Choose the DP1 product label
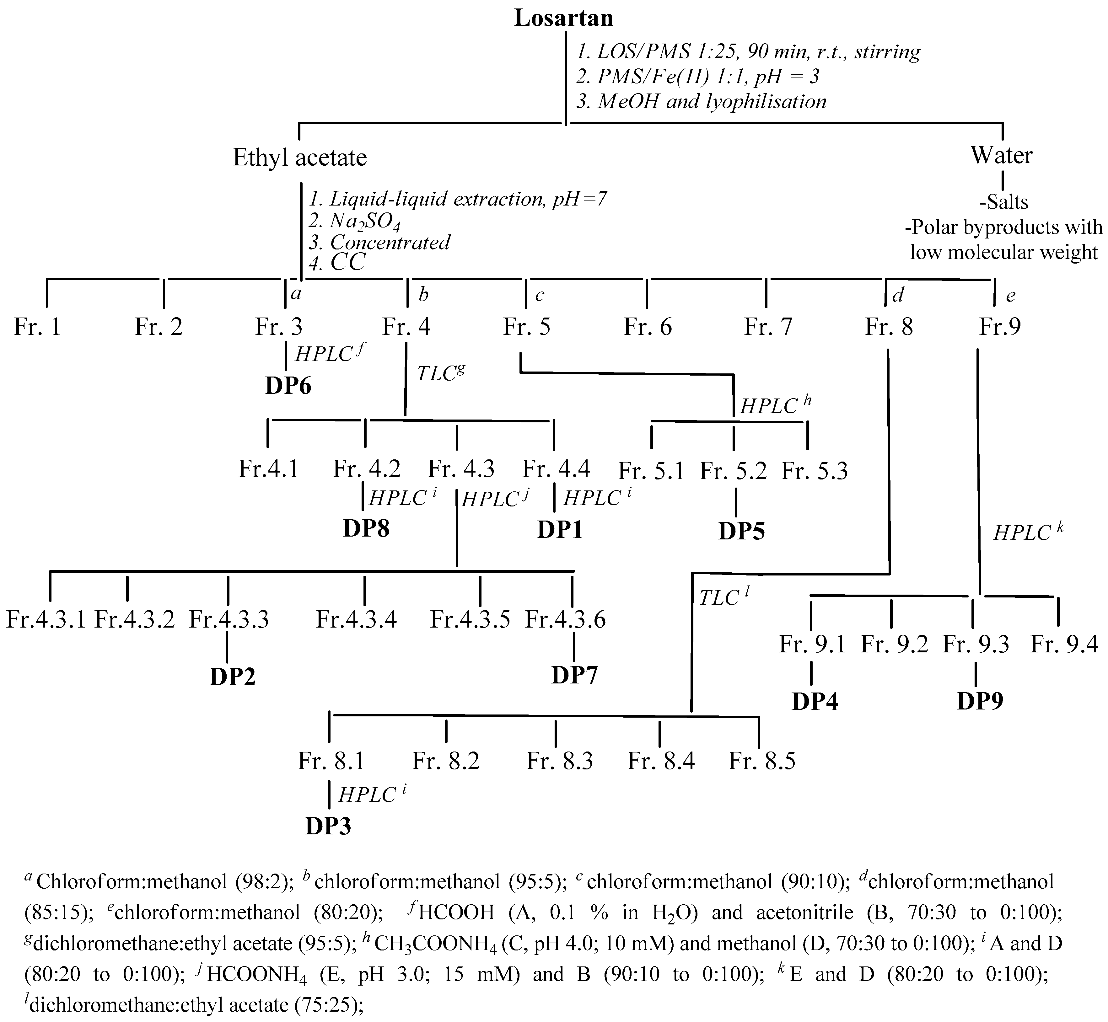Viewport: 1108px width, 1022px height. pyautogui.click(x=560, y=530)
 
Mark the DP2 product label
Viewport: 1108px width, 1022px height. pyautogui.click(x=232, y=677)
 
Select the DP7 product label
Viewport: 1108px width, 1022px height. pyautogui.click(x=574, y=675)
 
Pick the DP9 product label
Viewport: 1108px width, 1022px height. pyautogui.click(x=980, y=701)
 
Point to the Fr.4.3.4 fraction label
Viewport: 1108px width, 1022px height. pyautogui.click(x=356, y=619)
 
